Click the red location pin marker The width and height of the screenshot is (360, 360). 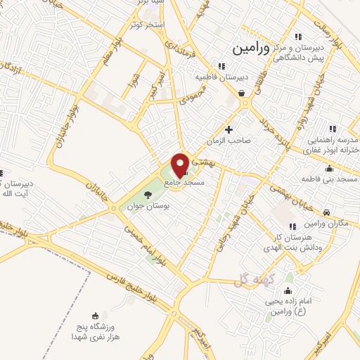[x=180, y=164]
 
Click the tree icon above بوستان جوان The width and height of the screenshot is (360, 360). [x=147, y=194]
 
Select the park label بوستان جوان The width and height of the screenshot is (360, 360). [x=147, y=207]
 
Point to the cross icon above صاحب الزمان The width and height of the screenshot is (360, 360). [x=229, y=130]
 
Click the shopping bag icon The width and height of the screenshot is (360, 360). [x=241, y=92]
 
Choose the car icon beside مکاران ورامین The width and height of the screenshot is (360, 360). [x=326, y=212]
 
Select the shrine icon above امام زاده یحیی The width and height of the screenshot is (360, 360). [x=288, y=290]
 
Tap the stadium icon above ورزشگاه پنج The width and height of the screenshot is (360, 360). [x=96, y=316]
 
